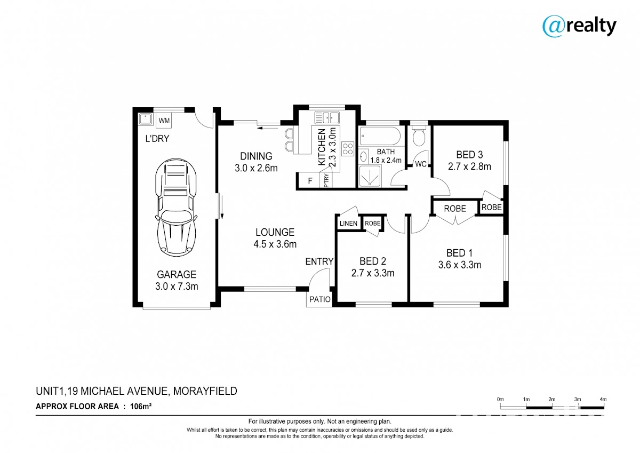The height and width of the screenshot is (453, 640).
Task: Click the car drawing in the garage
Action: click(176, 208)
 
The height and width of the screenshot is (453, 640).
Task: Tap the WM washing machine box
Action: click(164, 121)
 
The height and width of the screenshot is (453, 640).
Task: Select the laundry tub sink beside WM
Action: click(146, 119)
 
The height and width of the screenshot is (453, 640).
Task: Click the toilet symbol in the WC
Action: click(419, 137)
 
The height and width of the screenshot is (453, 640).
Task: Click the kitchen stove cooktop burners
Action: click(348, 149)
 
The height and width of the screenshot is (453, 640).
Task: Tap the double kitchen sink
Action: click(327, 118)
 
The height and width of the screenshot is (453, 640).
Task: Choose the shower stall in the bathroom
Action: click(370, 176)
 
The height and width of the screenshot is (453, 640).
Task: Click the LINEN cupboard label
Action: click(348, 223)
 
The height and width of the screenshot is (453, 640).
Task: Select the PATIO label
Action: click(320, 299)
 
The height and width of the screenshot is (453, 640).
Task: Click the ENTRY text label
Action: click(319, 261)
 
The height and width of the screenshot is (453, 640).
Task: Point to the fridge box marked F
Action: click(310, 181)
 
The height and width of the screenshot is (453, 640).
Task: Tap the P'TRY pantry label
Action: click(326, 181)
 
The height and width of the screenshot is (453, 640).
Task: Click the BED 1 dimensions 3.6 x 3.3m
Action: click(459, 265)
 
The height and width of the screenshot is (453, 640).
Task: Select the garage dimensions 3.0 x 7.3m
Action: click(177, 286)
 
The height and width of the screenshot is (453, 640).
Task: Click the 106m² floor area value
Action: click(141, 406)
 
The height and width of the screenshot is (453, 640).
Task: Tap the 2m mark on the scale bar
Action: click(551, 399)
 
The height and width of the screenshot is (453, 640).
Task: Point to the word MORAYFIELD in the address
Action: click(205, 391)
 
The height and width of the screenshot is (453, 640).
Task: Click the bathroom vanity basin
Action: click(363, 157)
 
